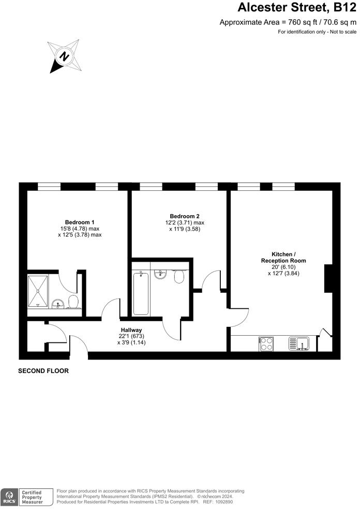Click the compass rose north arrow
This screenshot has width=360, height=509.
64,55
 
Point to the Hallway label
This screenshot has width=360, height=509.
131,330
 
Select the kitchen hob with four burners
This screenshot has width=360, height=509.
266,343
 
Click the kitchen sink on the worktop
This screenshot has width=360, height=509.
299,343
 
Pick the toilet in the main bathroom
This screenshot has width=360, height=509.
179,277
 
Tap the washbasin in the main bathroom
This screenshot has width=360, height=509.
160,273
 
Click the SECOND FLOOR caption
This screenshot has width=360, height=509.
43,371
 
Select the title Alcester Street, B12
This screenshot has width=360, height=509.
296,7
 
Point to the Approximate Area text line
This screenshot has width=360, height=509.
288,22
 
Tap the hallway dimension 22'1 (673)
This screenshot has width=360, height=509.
131,336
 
